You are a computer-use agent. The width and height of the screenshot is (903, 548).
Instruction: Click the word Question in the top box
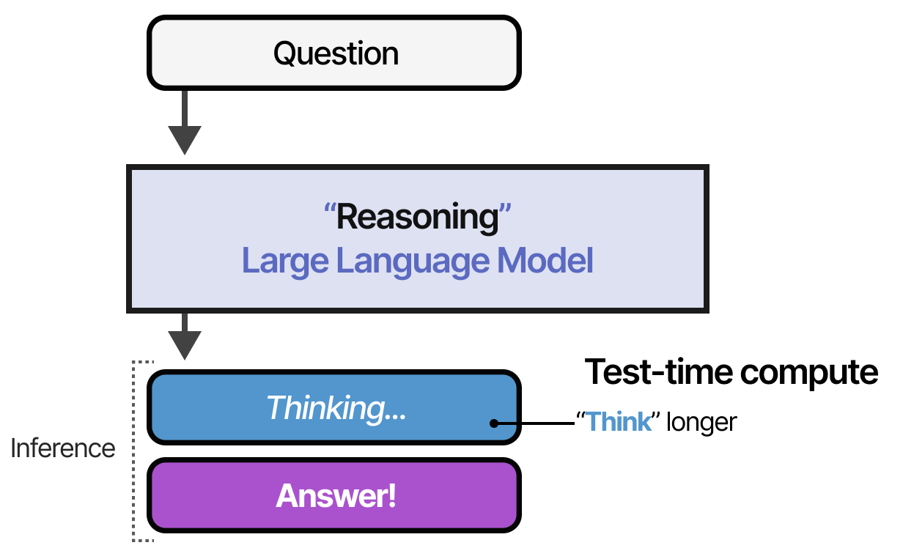click(336, 53)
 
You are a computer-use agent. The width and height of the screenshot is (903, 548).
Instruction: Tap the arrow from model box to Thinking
click(184, 336)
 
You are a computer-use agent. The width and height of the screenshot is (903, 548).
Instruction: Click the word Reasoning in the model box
click(416, 218)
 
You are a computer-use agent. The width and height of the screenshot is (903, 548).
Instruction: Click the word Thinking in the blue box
click(325, 408)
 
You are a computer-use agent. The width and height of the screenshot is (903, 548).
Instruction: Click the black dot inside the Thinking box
click(495, 423)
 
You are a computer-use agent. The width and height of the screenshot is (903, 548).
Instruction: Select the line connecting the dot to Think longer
click(535, 423)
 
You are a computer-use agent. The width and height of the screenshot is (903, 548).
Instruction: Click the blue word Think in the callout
click(619, 423)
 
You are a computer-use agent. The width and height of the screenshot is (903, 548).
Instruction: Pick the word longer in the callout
click(700, 423)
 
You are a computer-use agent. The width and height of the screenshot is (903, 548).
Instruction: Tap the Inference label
click(63, 448)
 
